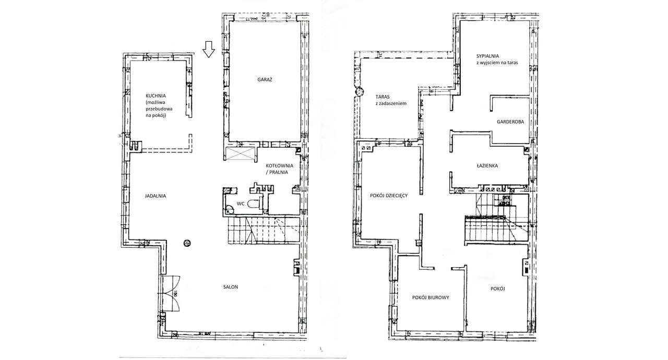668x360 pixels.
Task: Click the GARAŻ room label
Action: pyautogui.click(x=265, y=80)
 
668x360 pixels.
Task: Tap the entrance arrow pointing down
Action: pyautogui.click(x=209, y=49)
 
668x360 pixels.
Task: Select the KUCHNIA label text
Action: pyautogui.click(x=156, y=96)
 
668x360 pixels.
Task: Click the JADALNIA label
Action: pyautogui.click(x=156, y=196)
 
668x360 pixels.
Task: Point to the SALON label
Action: pyautogui.click(x=231, y=287)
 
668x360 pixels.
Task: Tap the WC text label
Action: pyautogui.click(x=241, y=203)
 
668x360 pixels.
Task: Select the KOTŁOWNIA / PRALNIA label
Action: pyautogui.click(x=279, y=169)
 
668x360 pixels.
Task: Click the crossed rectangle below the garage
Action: pyautogui.click(x=240, y=154)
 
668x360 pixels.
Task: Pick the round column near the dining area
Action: pyautogui.click(x=187, y=243)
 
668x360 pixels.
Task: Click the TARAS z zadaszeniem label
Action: pyautogui.click(x=391, y=100)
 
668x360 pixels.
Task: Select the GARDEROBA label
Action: pyautogui.click(x=510, y=122)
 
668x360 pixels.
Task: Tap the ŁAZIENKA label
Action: pyautogui.click(x=487, y=166)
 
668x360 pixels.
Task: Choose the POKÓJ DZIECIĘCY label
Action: pyautogui.click(x=389, y=196)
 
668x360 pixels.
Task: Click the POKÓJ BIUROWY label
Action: pyautogui.click(x=431, y=297)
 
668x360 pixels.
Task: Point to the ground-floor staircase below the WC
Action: pyautogui.click(x=264, y=231)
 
